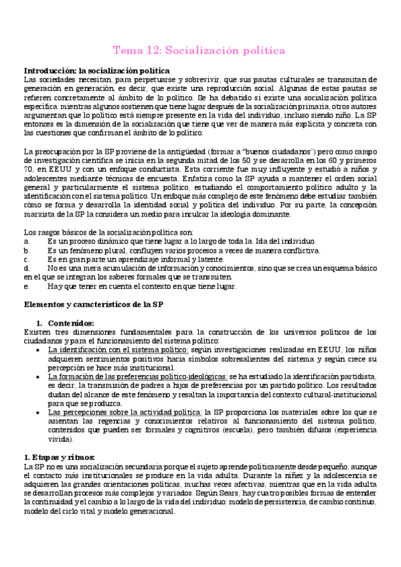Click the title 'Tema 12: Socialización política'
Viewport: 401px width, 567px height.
coord(200,51)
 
